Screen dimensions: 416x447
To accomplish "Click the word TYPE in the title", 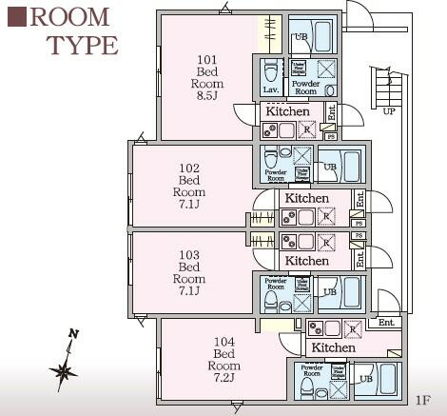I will (x=82, y=45).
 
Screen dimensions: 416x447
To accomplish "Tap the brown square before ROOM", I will (x=15, y=17).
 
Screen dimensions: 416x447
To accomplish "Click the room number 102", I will (x=189, y=168).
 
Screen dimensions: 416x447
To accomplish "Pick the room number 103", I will (x=189, y=255).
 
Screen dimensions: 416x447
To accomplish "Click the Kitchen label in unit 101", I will (x=287, y=111).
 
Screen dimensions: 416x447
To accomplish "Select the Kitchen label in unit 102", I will (x=307, y=198).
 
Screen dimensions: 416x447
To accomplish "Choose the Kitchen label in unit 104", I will (x=333, y=347).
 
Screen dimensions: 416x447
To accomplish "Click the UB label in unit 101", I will (x=301, y=37).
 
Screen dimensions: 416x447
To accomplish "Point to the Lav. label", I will (x=270, y=89).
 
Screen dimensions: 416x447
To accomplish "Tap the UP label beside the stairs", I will (x=388, y=111).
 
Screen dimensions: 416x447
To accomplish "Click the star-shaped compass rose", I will (x=64, y=369).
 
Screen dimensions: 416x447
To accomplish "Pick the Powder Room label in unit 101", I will (x=304, y=86).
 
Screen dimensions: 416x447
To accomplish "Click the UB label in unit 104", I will (x=366, y=378).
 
